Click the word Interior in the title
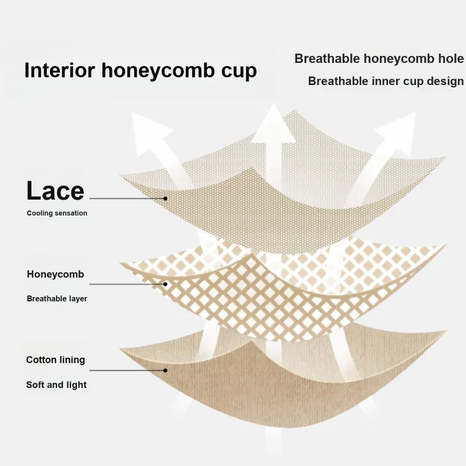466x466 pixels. [60, 70]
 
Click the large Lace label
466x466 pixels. [55, 191]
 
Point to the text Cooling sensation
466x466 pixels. [57, 213]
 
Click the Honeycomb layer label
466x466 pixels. [55, 274]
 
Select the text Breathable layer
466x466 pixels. [57, 298]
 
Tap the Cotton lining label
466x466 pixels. [55, 359]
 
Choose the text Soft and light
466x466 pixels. [56, 384]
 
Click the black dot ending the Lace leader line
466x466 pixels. [165, 198]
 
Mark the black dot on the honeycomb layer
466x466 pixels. [165, 284]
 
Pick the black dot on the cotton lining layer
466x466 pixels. [165, 370]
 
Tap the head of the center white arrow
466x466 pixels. [273, 125]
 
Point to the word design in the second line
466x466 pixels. [445, 81]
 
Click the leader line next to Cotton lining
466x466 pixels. [127, 370]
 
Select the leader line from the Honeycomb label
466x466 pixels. [127, 284]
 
